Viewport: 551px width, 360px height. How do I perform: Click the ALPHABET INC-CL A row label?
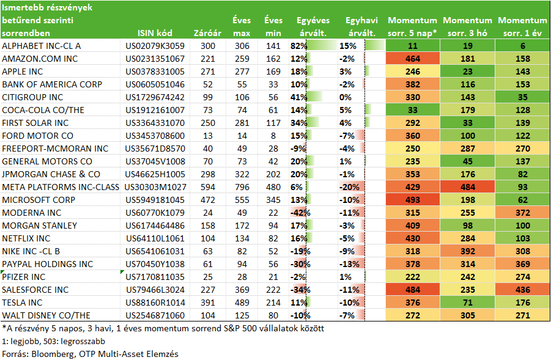[x=42, y=46]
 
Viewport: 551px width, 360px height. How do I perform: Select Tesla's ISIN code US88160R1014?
[x=155, y=303]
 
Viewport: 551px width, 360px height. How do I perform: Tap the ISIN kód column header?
[x=155, y=33]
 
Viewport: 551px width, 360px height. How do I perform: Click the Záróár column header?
[x=207, y=33]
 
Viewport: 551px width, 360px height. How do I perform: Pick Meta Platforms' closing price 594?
[x=208, y=187]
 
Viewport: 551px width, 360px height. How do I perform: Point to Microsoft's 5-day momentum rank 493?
[x=413, y=200]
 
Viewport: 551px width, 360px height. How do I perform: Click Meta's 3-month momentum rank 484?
[x=468, y=187]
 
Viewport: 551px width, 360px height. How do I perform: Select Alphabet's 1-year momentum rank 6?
[x=522, y=46]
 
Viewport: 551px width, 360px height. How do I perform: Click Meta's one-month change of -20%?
[x=349, y=187]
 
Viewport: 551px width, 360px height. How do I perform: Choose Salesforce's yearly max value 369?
[x=242, y=290]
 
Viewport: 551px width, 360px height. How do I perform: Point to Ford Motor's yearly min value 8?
[x=273, y=136]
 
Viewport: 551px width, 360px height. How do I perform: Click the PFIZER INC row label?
[x=23, y=277]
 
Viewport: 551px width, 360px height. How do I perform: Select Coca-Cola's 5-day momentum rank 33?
[x=413, y=110]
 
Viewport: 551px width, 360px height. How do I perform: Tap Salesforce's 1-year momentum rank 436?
[x=522, y=290]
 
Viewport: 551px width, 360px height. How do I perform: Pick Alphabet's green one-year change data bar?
[x=322, y=46]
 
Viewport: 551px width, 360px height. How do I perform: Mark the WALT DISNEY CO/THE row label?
[x=46, y=315]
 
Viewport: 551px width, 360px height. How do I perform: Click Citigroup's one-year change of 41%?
[x=298, y=97]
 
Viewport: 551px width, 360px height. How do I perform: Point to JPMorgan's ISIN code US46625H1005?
[x=155, y=174]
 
